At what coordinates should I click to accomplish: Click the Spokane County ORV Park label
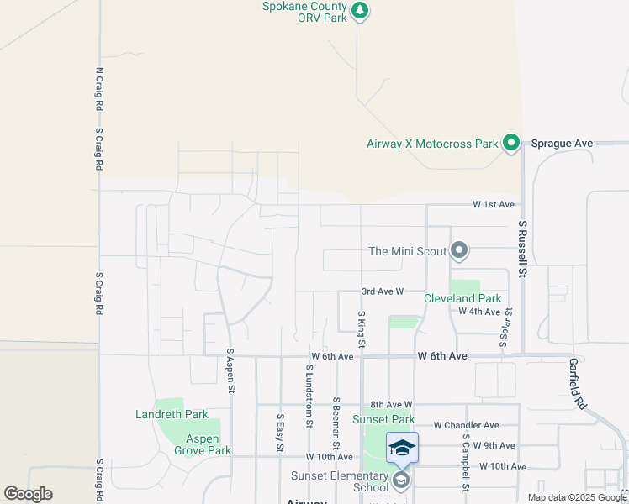304,12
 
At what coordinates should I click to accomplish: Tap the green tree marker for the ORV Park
360,11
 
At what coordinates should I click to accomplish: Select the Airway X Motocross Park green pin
510,144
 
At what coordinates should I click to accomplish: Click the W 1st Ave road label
493,205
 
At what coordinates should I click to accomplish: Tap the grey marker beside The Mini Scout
459,250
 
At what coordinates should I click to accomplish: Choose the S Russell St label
522,249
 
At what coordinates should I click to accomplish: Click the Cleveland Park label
462,298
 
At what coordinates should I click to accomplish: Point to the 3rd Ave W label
383,291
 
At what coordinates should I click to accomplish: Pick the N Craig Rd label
99,90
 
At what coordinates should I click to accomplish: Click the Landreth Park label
172,414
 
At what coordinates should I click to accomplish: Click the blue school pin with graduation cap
402,447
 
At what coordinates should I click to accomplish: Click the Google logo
28,494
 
